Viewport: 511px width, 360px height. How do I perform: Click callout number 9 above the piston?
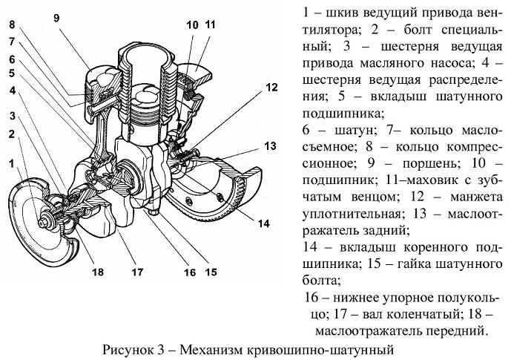tap(56, 19)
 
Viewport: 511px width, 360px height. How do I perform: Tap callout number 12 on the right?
tap(271, 88)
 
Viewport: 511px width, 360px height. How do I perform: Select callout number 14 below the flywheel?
tap(264, 223)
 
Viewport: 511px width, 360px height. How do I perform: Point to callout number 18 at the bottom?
tap(98, 272)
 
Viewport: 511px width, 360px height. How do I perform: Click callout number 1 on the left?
tap(12, 163)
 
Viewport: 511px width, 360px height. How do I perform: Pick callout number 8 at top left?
tap(12, 24)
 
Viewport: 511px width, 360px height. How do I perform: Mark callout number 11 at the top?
tap(211, 24)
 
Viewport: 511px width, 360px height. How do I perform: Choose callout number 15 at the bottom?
tap(211, 272)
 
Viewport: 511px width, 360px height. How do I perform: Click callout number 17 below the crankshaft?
tap(137, 272)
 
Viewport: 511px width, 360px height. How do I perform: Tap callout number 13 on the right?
tap(270, 145)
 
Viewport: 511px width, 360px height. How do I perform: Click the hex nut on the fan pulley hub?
tap(43, 223)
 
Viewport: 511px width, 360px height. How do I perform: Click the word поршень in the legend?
tap(426, 163)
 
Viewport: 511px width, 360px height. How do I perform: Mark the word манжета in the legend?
tap(476, 197)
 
